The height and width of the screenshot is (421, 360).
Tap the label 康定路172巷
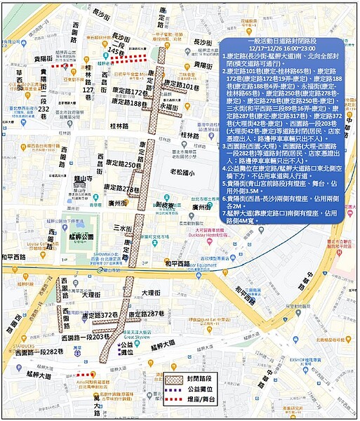click(129, 93)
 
